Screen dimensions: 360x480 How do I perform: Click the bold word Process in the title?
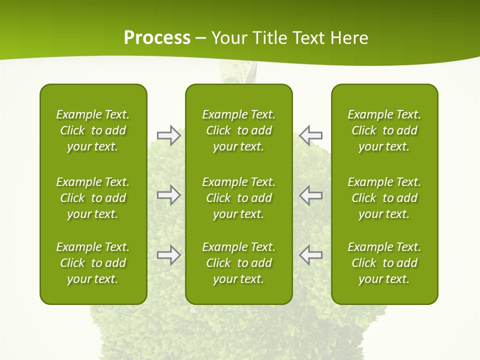(157, 38)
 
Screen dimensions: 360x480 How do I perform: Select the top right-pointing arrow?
(168, 135)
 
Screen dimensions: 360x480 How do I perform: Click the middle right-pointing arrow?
(168, 195)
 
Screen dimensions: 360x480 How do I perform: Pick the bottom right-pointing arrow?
(168, 255)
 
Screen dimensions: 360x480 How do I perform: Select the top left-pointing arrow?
(310, 135)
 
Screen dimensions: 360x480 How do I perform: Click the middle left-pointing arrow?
(310, 195)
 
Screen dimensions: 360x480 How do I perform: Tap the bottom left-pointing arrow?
(310, 255)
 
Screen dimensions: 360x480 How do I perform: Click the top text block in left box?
(93, 130)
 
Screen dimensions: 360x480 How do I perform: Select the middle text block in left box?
(93, 198)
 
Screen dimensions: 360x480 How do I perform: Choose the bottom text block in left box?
(93, 263)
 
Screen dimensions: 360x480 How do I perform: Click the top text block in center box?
(238, 130)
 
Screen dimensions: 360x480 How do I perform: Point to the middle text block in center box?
(238, 198)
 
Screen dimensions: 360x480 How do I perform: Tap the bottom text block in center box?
(238, 263)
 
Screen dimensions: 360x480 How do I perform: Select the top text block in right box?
(384, 130)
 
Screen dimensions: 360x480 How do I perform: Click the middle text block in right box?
(384, 198)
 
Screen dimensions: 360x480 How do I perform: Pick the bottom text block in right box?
(384, 263)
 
